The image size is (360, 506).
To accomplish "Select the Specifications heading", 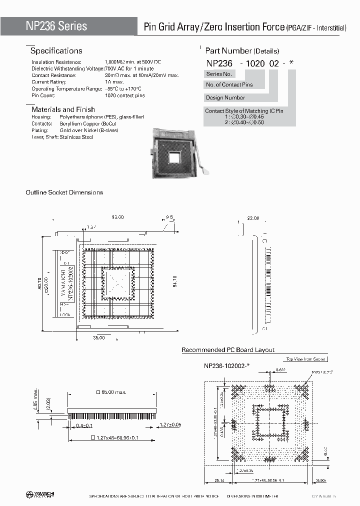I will tap(56, 51).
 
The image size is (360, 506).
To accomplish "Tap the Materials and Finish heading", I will tap(63, 109).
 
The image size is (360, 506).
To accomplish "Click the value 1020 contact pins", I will tap(124, 95).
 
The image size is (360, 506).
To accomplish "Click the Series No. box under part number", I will tap(218, 74).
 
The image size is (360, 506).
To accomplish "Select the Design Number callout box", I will tap(226, 97).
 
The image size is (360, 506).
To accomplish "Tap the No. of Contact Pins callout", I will tap(230, 84).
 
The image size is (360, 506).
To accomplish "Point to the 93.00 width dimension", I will tap(117, 217).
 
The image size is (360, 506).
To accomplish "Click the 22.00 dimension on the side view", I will tap(253, 218).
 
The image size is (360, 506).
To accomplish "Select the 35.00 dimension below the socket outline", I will tap(99, 338).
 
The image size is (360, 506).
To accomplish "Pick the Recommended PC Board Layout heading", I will tap(227, 350).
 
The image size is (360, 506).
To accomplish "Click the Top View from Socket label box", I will tap(305, 359).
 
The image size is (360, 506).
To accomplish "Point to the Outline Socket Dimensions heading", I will tap(64, 192).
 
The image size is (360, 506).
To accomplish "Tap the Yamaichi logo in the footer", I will tap(40, 495).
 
